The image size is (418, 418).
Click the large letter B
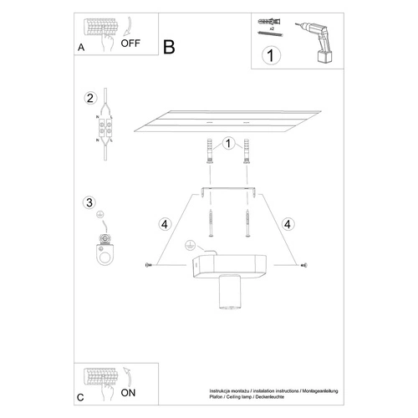pos(170,48)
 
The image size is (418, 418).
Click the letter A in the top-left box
pos(81,48)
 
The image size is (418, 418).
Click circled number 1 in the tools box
pos(270,56)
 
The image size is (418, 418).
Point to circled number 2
pos(92,98)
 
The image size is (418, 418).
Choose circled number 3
pos(92,202)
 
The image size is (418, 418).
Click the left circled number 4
pos(166,223)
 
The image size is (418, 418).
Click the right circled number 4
pos(287,223)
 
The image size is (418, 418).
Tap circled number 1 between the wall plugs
pos(227,145)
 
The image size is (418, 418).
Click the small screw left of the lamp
pos(150,266)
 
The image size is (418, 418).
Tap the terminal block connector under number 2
pos(106,130)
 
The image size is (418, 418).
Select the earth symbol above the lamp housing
pos(189,246)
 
